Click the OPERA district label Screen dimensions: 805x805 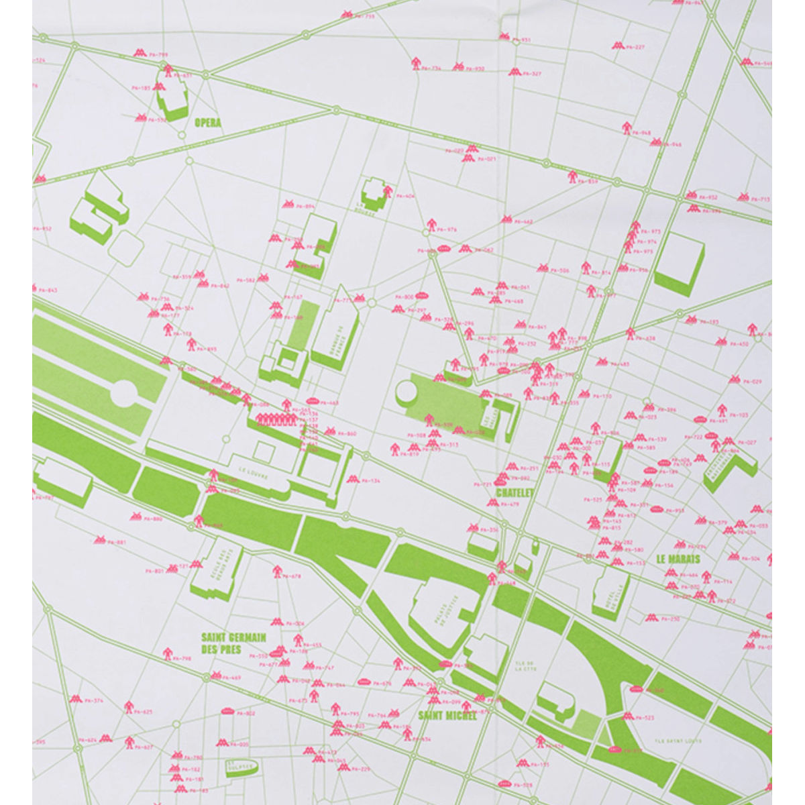point(207,123)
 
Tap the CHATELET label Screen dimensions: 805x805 point(515,492)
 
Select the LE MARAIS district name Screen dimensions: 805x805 point(678,559)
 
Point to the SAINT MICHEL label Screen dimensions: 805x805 point(447,715)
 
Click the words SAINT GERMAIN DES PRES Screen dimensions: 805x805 point(234,643)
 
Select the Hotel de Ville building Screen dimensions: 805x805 point(610,592)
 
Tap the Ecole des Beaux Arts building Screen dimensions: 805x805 point(216,574)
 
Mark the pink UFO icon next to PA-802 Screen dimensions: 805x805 point(227,712)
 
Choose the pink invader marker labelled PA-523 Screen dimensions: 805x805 point(629,716)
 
